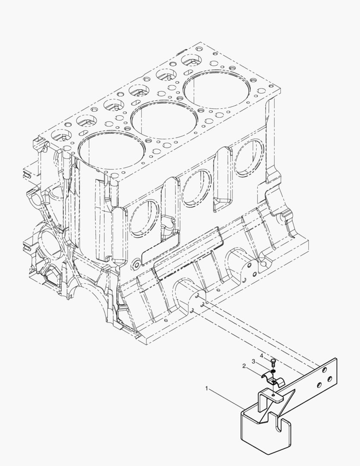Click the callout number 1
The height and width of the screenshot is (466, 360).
[x=207, y=388]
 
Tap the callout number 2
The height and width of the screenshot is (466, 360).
[x=244, y=366]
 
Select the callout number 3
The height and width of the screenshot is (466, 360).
[x=254, y=361]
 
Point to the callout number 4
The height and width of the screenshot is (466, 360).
[x=261, y=356]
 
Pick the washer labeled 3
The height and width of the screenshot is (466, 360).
[x=273, y=371]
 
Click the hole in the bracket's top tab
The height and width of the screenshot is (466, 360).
[x=272, y=396]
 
